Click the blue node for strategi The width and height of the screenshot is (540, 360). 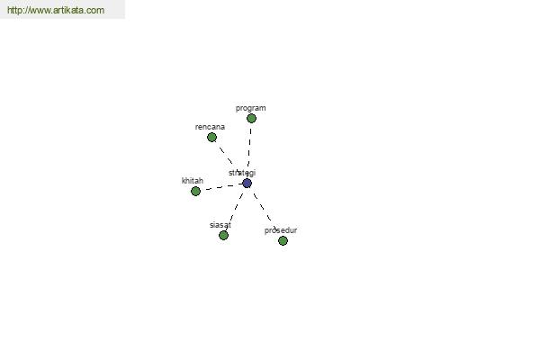[247, 184]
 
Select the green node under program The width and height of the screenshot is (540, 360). [251, 119]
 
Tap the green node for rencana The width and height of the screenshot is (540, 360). [211, 138]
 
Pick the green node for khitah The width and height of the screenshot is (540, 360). [195, 191]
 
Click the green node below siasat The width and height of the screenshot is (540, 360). [223, 236]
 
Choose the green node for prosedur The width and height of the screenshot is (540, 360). [283, 241]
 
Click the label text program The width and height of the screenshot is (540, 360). [251, 109]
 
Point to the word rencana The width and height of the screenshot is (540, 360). [210, 127]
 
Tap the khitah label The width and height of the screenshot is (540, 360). [193, 181]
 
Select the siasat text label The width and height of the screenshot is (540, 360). [220, 225]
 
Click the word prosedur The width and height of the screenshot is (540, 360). [281, 230]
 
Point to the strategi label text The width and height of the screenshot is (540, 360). [242, 173]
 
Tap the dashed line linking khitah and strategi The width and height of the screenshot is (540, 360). [221, 187]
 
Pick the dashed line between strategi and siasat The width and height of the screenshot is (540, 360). [235, 210]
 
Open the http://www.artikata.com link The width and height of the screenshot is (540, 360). [56, 10]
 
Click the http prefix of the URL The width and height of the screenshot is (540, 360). [13, 10]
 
